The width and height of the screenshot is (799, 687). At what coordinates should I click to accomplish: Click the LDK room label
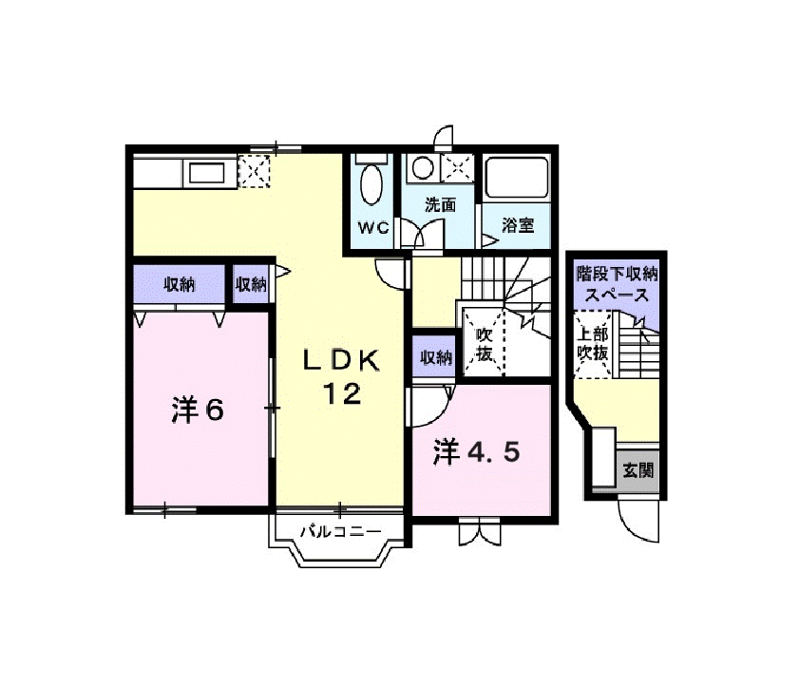pos(341,360)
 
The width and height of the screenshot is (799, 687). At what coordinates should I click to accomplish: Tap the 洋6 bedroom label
pos(198,410)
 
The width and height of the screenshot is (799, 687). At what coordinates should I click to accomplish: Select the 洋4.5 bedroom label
pos(476,452)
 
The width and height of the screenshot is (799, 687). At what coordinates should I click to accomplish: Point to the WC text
pos(373,227)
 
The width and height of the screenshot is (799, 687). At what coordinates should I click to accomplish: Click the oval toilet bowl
pos(371,184)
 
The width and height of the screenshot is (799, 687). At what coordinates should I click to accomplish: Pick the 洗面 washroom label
pos(441,205)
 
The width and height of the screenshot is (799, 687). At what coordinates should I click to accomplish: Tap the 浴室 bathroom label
pos(518,225)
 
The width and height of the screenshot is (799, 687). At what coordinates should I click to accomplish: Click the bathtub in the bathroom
pos(517,179)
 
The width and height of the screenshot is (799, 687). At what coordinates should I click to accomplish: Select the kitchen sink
pos(206,173)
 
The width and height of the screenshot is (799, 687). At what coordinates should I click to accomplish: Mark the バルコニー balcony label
pos(340,532)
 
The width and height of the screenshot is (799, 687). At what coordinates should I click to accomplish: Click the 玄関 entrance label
pos(638,470)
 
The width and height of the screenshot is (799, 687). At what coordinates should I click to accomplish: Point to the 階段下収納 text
pos(617,275)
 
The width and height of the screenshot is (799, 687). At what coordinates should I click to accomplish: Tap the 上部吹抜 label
pos(593,344)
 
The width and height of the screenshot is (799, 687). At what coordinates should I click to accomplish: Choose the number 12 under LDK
pos(342,393)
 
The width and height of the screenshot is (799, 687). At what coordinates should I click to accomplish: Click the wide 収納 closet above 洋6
pos(180,284)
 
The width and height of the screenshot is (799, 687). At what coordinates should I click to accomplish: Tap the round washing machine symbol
pos(423,167)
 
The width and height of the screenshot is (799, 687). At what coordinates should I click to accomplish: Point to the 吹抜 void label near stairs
pos(485,345)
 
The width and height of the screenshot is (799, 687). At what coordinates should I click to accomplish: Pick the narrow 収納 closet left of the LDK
pos(250,284)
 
